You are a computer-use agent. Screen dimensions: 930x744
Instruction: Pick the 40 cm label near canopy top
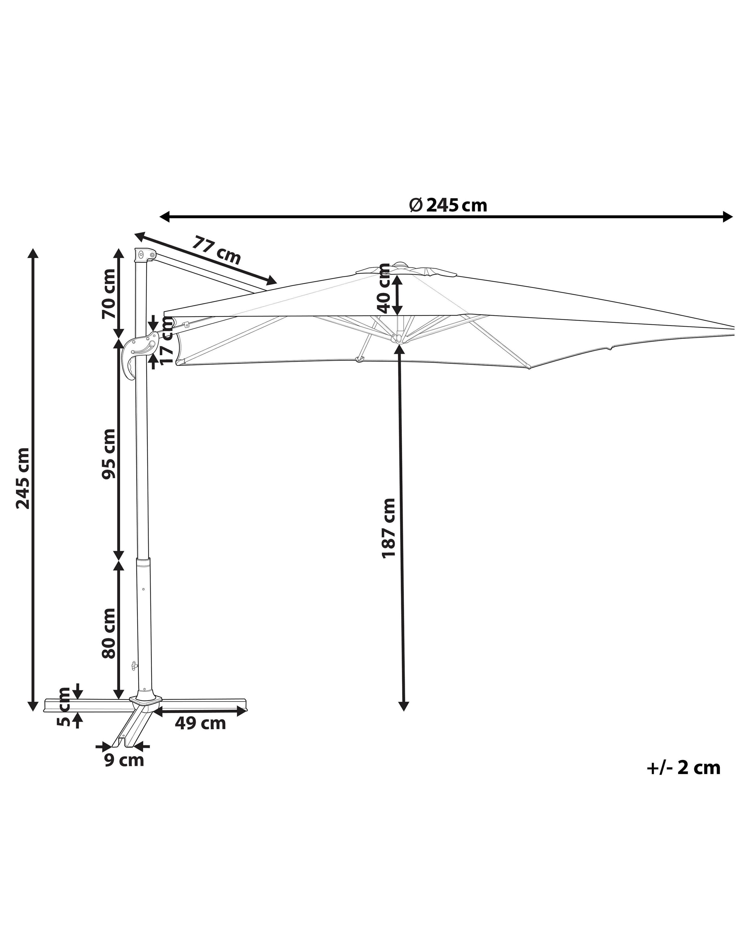383,288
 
